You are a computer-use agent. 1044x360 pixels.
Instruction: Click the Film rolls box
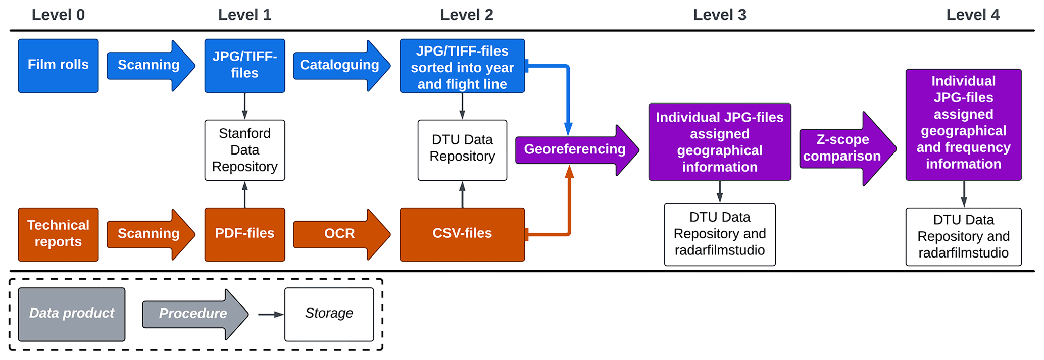[58, 66]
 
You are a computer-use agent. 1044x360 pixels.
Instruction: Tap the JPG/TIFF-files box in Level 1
[244, 66]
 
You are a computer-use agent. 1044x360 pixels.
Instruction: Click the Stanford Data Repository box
[244, 150]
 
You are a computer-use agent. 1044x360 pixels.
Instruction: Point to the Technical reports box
[58, 234]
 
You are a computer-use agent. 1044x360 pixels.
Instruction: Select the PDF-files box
[244, 234]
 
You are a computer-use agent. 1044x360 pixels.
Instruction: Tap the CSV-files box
[462, 234]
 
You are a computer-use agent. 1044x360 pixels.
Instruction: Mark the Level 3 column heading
[719, 15]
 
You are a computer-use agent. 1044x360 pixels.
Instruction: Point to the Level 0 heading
[58, 15]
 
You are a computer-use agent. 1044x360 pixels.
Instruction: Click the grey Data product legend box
[72, 314]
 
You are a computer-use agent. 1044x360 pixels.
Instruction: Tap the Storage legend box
[329, 314]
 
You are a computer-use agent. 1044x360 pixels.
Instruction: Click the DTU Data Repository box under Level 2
[462, 150]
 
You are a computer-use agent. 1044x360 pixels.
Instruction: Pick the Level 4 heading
[972, 15]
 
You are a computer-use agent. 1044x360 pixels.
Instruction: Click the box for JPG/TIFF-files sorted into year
[462, 66]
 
